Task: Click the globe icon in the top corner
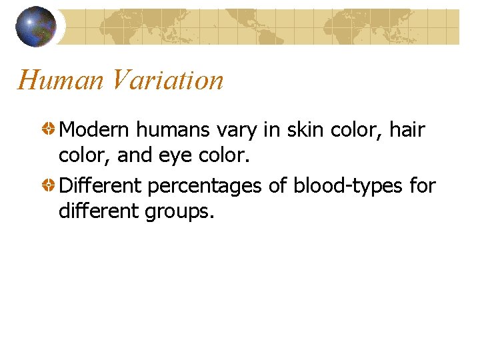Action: (36, 26)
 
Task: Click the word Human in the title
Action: (61, 81)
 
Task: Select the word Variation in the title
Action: (167, 81)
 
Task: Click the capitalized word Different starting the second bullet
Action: (100, 186)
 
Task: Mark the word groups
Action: (180, 212)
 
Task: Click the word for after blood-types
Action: (422, 186)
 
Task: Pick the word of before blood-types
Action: (277, 186)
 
